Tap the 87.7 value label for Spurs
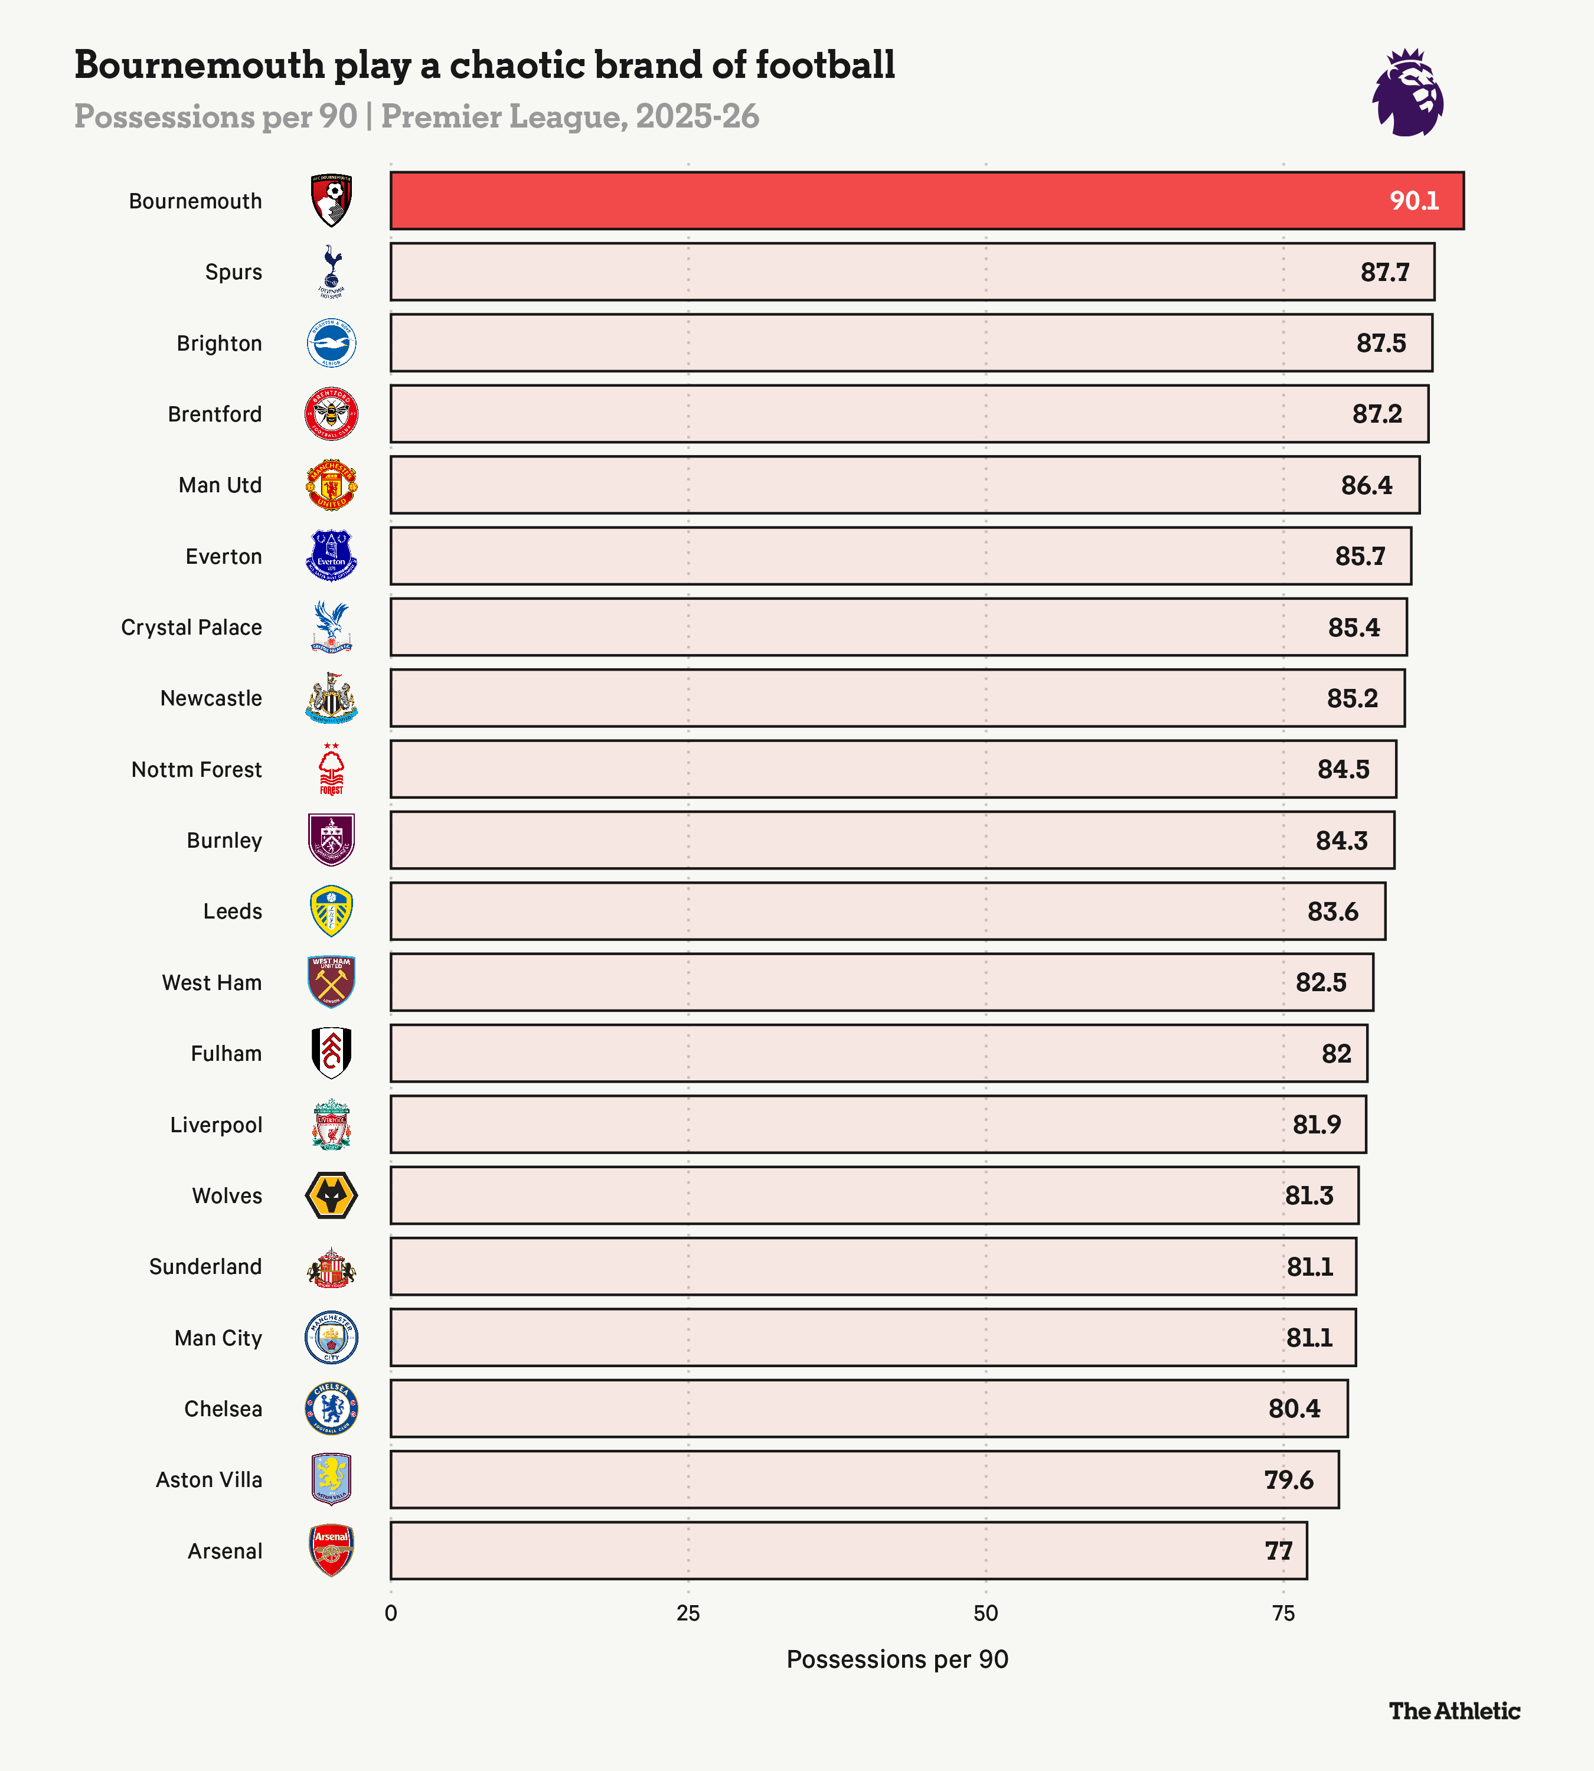[x=1384, y=272]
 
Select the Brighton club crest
[x=331, y=344]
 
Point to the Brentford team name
[x=214, y=414]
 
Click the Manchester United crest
[x=331, y=484]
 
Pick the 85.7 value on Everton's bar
[x=1360, y=556]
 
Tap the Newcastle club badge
[x=331, y=698]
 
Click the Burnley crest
[x=331, y=840]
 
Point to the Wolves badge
[x=331, y=1195]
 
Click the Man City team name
[x=218, y=1338]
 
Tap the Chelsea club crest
[x=331, y=1409]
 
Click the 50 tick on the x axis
[x=985, y=1613]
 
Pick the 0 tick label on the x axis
[x=391, y=1613]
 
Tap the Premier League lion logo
[x=1407, y=93]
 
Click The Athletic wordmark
[x=1454, y=1711]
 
